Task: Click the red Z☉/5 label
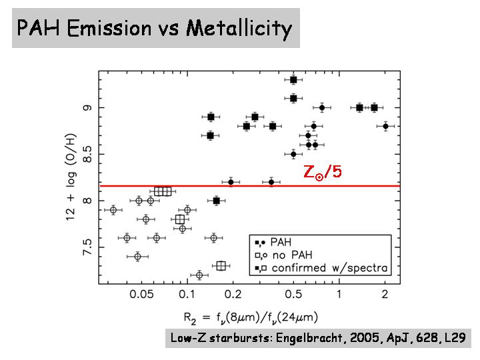click(x=323, y=172)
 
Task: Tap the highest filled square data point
click(x=293, y=79)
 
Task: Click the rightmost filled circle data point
click(x=385, y=126)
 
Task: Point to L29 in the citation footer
click(x=457, y=338)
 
